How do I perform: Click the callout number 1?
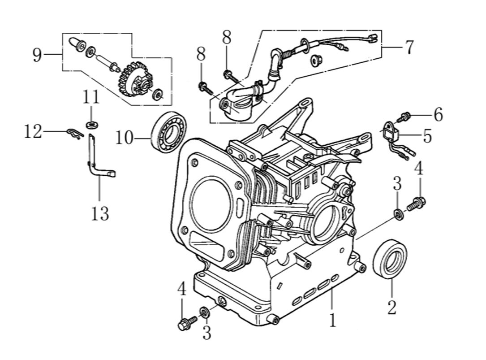332,320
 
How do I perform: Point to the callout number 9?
37,56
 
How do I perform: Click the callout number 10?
124,138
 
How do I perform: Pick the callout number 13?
99,213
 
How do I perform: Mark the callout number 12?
33,132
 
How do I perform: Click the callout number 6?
438,115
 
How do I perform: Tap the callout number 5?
427,136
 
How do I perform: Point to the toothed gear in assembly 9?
134,80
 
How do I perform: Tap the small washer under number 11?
91,124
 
